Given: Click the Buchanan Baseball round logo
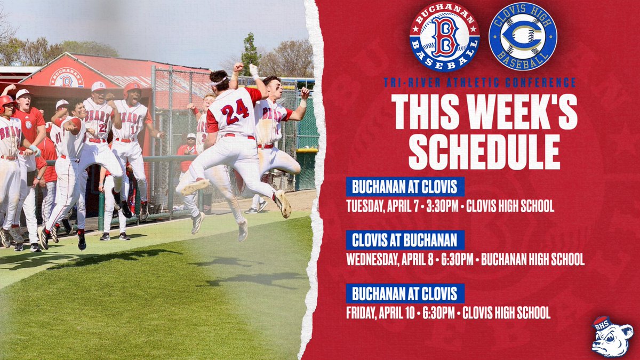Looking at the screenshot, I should [444, 36].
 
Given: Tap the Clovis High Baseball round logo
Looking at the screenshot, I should [523, 36].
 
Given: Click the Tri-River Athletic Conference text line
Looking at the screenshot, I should [479, 82].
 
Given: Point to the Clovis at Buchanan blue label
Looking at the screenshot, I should [405, 240].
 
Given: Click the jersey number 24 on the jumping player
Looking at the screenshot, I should [235, 111].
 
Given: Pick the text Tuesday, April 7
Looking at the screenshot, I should [383, 206].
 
